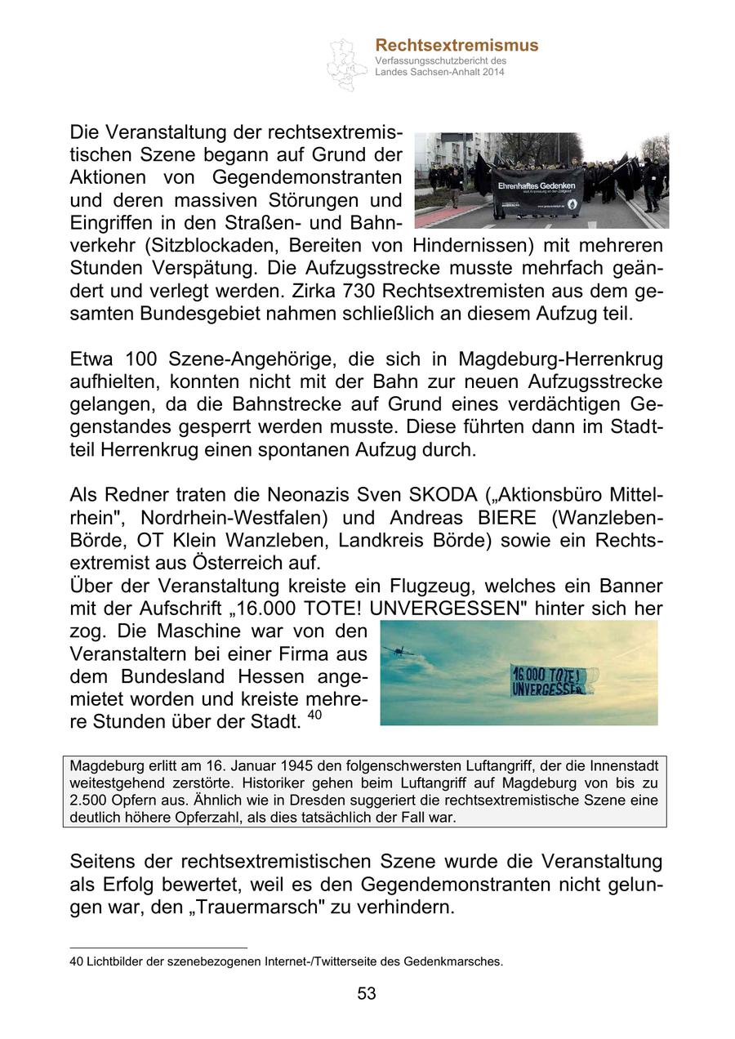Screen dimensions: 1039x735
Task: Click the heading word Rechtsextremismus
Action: click(x=457, y=46)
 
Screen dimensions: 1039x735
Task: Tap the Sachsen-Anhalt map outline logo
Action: click(x=346, y=64)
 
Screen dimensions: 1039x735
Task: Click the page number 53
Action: click(x=367, y=993)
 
